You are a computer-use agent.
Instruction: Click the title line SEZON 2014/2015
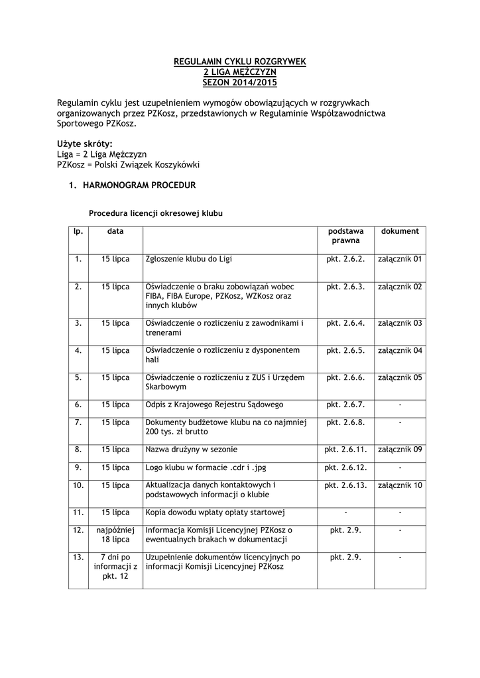point(239,82)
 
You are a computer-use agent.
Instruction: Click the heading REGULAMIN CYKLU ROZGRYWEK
point(239,62)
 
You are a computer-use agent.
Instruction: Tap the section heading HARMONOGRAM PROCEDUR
point(139,185)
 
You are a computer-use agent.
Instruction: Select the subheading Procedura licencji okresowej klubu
point(156,214)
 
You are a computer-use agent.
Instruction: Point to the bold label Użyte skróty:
point(85,144)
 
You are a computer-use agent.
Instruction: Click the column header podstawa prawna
point(346,236)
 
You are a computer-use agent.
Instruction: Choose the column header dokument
point(400,231)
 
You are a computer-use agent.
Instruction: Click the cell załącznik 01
point(400,259)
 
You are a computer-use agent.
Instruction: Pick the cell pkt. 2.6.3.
point(346,287)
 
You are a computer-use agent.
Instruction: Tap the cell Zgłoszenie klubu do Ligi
point(188,259)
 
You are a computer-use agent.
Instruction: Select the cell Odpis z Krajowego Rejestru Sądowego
point(214,404)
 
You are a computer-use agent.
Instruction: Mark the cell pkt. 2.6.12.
point(346,467)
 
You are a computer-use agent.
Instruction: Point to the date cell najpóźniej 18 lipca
point(116,535)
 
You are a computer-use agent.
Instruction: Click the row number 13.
point(78,557)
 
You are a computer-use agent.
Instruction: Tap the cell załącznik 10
point(400,485)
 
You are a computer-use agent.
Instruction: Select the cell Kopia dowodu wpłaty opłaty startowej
point(215,512)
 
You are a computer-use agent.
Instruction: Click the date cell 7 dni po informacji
point(116,567)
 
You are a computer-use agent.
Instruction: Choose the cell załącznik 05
point(400,377)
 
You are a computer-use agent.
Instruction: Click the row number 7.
point(78,422)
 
